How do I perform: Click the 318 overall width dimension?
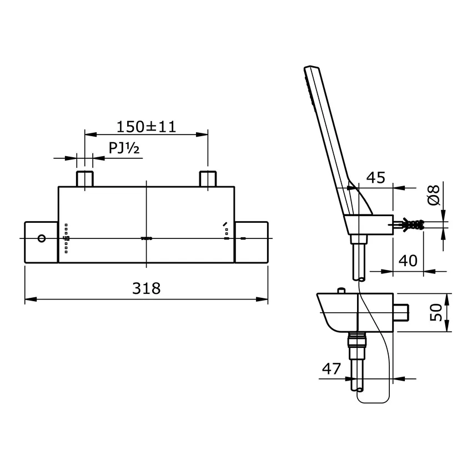146,288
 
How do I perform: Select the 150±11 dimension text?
145,127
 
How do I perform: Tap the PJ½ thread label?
123,149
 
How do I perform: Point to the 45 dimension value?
375,178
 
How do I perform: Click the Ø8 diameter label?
435,195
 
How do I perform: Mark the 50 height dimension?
436,312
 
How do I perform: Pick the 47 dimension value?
332,368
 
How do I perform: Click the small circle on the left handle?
41,238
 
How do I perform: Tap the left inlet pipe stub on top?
84,179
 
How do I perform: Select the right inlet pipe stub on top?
208,179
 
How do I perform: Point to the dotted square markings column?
67,238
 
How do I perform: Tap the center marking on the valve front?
146,238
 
